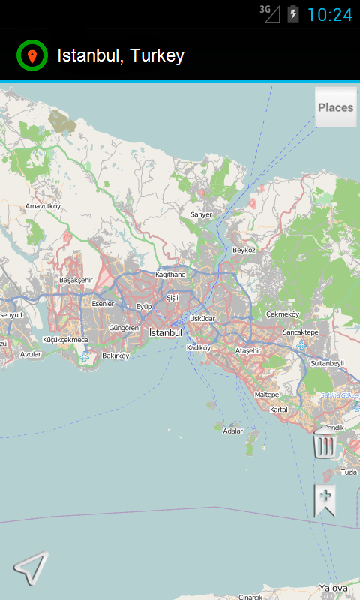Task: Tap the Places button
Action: pyautogui.click(x=335, y=107)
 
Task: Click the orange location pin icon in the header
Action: pyautogui.click(x=32, y=55)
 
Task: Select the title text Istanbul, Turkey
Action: pyautogui.click(x=121, y=55)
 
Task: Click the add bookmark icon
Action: pyautogui.click(x=325, y=499)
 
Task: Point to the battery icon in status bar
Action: pyautogui.click(x=292, y=13)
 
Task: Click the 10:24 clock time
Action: pyautogui.click(x=329, y=14)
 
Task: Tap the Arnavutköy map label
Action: pyautogui.click(x=43, y=205)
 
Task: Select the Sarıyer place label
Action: pyautogui.click(x=201, y=214)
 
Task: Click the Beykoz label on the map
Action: pyautogui.click(x=244, y=250)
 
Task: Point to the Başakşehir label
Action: pyautogui.click(x=75, y=280)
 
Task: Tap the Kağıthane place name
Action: pyautogui.click(x=169, y=274)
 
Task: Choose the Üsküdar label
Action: pyautogui.click(x=202, y=318)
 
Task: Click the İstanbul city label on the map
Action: pyautogui.click(x=166, y=332)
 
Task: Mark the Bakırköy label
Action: pyautogui.click(x=115, y=355)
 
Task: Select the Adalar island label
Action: pyautogui.click(x=233, y=430)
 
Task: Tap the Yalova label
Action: pyautogui.click(x=333, y=588)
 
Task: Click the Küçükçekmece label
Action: pyautogui.click(x=65, y=340)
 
